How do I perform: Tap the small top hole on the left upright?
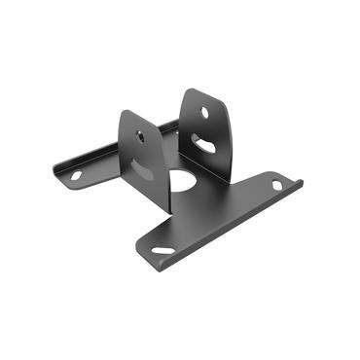click(x=143, y=136)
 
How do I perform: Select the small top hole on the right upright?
click(x=205, y=112)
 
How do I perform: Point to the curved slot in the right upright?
click(x=206, y=145)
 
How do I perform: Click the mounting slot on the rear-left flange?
click(x=75, y=177)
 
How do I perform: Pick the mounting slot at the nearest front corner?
click(x=162, y=251)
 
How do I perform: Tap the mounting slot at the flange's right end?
click(x=277, y=186)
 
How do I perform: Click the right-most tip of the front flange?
click(x=301, y=182)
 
